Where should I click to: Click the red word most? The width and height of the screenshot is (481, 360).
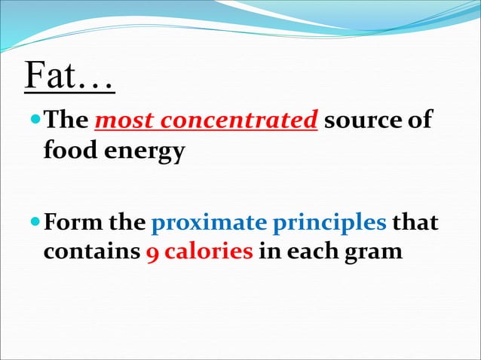click(122, 121)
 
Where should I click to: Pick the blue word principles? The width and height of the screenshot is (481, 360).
click(329, 225)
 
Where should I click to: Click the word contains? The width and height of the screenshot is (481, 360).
click(90, 252)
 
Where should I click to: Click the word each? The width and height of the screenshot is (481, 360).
click(305, 252)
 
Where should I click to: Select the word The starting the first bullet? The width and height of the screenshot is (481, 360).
click(66, 121)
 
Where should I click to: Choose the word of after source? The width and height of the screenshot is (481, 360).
click(421, 121)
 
